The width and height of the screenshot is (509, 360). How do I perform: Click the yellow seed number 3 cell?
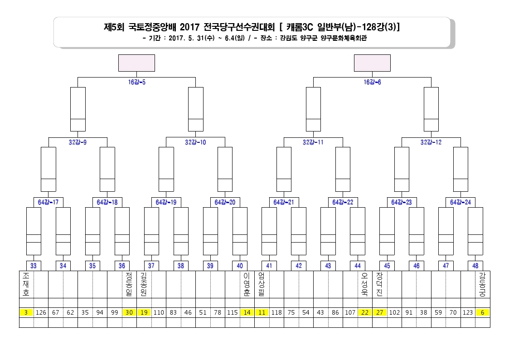coord(26,312)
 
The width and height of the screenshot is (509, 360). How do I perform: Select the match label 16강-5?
coord(137,82)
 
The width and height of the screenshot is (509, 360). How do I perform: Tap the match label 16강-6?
coord(372,82)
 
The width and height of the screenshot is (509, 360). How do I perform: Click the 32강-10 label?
coord(195,142)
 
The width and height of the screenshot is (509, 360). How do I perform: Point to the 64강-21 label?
coord(284,202)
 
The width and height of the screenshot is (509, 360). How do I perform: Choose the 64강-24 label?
coord(461,202)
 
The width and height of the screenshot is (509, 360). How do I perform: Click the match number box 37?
coord(151,266)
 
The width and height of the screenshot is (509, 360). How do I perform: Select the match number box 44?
coord(358,266)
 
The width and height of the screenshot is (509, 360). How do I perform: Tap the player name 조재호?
coord(26,284)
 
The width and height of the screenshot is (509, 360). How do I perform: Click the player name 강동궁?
coord(482,284)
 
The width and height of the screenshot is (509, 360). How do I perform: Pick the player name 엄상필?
coord(262,284)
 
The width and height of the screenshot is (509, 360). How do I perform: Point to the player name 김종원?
coord(144,284)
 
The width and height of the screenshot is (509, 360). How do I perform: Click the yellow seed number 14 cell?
coord(247,312)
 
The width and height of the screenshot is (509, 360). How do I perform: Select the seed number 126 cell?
coord(41,312)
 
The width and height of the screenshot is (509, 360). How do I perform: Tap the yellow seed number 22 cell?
coord(365,312)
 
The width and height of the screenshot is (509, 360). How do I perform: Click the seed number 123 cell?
coord(468,312)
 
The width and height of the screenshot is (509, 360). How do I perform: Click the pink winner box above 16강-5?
coord(137,63)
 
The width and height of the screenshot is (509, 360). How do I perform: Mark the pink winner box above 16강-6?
coord(372,63)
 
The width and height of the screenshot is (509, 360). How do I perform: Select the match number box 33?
coord(34,266)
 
